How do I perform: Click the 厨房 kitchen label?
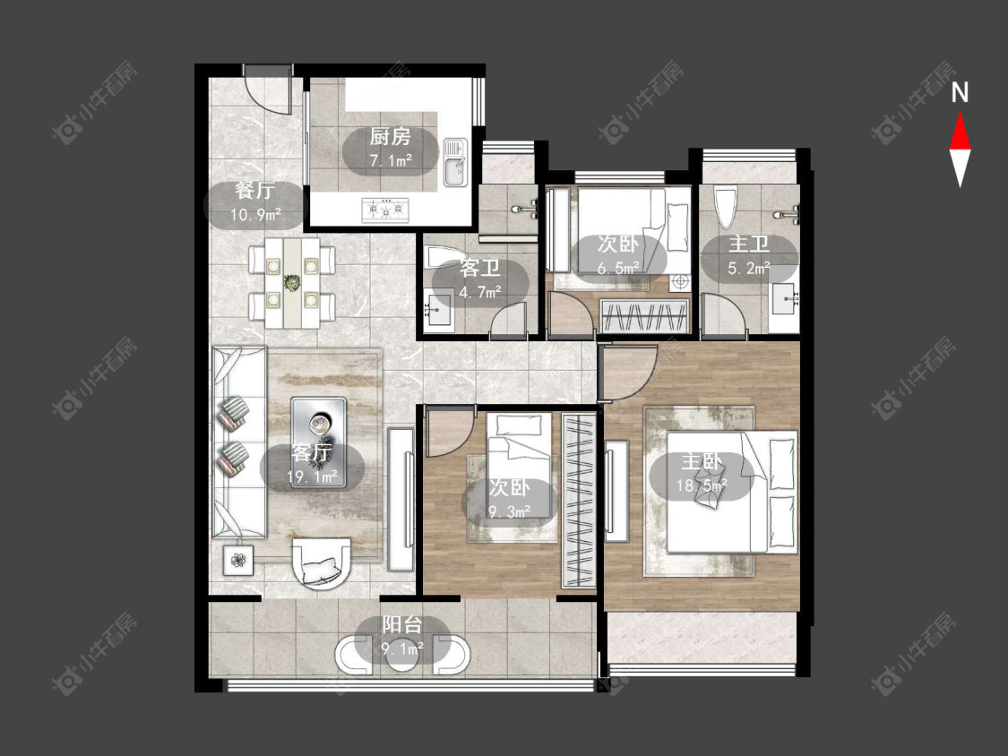coord(390,137)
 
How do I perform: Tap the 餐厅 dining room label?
coord(254,190)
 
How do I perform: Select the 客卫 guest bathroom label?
coord(479,268)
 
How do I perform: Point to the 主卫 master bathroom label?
coord(749,245)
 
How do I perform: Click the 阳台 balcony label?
coord(401,624)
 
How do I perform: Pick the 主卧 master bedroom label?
coord(702,461)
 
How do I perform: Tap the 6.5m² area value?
coord(617,268)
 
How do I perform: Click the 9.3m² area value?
coord(510,511)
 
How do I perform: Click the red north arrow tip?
coord(961,114)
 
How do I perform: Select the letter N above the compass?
coord(960,93)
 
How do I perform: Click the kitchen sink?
coord(455,163)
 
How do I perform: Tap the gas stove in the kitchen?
coord(385,210)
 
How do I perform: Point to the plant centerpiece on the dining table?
coord(292,282)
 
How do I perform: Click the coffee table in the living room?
coord(318,442)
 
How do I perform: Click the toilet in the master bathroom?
coord(725,207)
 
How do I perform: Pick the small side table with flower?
coord(238,561)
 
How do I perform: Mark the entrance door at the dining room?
coord(267,90)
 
